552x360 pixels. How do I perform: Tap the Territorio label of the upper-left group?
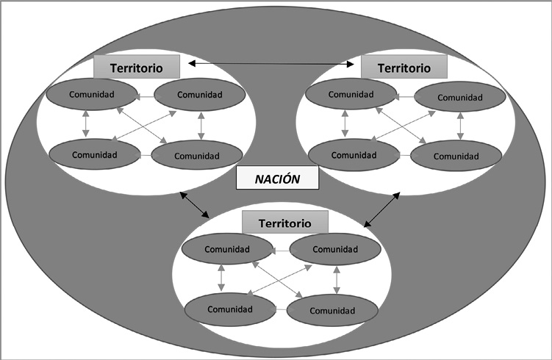coord(136,67)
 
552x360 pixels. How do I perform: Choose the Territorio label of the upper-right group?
coord(404,68)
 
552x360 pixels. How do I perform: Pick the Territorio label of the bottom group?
coord(276,223)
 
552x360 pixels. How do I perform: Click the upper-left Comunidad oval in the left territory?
coord(91,95)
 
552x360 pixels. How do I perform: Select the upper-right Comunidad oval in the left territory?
coord(200,96)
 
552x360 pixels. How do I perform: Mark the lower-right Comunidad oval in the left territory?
coord(197,155)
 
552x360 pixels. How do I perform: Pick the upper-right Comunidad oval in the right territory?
coord(460,98)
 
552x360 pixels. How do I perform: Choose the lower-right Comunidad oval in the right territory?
coord(456,156)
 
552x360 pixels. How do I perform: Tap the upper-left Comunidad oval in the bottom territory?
coord(226,248)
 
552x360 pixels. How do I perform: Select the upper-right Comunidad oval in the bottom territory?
coord(334,249)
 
